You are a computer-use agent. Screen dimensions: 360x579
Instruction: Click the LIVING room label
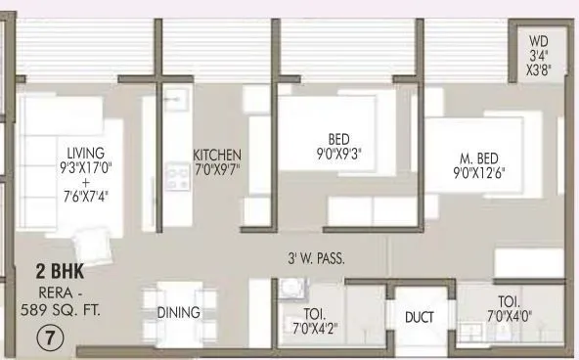coord(85,154)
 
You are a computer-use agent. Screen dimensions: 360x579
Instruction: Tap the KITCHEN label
coord(216,156)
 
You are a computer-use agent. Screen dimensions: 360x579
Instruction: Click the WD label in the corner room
coord(538,42)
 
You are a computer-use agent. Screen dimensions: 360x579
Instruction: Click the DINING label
coord(178,313)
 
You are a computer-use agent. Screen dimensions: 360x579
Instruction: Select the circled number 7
coord(49,338)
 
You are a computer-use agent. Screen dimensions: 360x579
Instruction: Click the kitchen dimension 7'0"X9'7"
coord(216,169)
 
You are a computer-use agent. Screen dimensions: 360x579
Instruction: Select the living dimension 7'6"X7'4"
coord(85,196)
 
